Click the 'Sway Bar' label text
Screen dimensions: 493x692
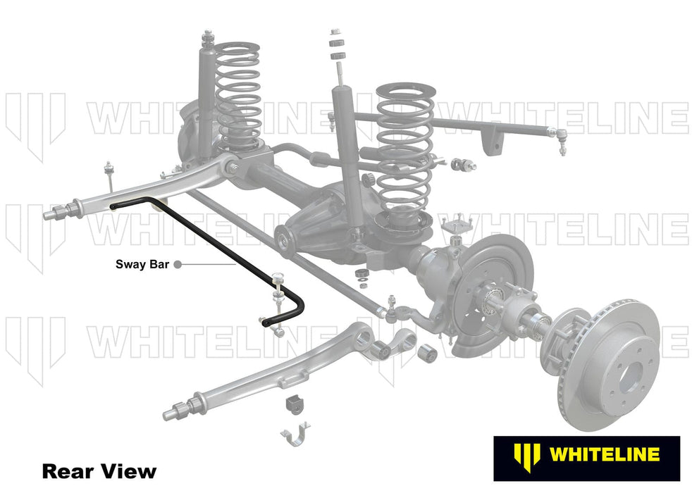tap(141, 265)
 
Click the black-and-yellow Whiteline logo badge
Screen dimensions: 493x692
tap(586, 458)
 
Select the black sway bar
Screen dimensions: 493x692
tap(211, 239)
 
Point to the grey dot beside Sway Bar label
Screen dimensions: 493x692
tap(178, 265)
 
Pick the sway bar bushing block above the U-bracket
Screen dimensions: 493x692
tap(293, 406)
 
